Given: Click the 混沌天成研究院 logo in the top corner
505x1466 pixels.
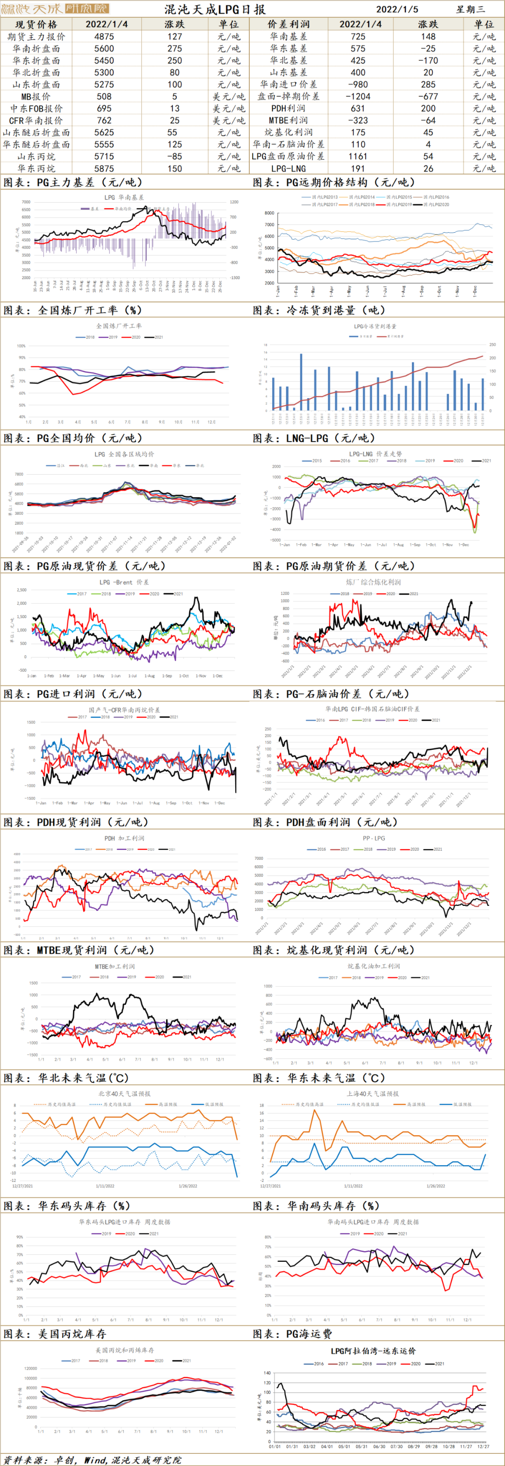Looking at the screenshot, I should (x=55, y=8).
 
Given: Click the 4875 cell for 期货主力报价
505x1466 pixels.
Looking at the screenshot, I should (x=104, y=36).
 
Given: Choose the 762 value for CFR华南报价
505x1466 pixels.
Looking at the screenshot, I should (x=104, y=121).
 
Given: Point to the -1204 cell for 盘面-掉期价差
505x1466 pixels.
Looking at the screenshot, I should (x=358, y=97).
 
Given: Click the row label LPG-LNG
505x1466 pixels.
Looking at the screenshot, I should (x=288, y=169).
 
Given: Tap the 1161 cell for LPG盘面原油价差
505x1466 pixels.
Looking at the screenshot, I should (x=358, y=157).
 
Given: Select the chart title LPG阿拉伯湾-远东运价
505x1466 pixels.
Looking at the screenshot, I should (x=374, y=1351).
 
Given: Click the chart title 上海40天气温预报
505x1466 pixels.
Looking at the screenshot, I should (x=373, y=1093).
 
